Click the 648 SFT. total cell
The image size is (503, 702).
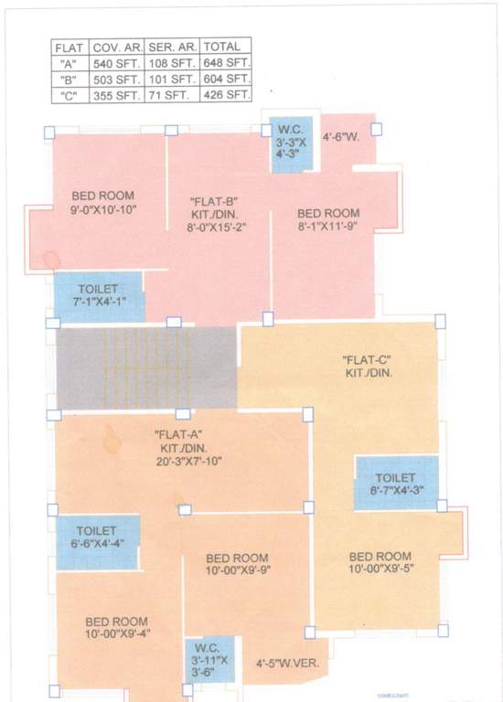click(225, 63)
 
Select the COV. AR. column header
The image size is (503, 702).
click(115, 47)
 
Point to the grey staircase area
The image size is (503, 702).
click(145, 369)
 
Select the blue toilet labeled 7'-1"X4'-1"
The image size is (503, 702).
click(98, 296)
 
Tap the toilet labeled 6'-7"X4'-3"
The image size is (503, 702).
click(395, 484)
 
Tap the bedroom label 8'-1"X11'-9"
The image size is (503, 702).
click(328, 219)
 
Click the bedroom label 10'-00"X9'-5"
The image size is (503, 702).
click(380, 562)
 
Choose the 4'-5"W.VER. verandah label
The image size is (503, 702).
click(287, 664)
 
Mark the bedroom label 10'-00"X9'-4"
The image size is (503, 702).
click(116, 628)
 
